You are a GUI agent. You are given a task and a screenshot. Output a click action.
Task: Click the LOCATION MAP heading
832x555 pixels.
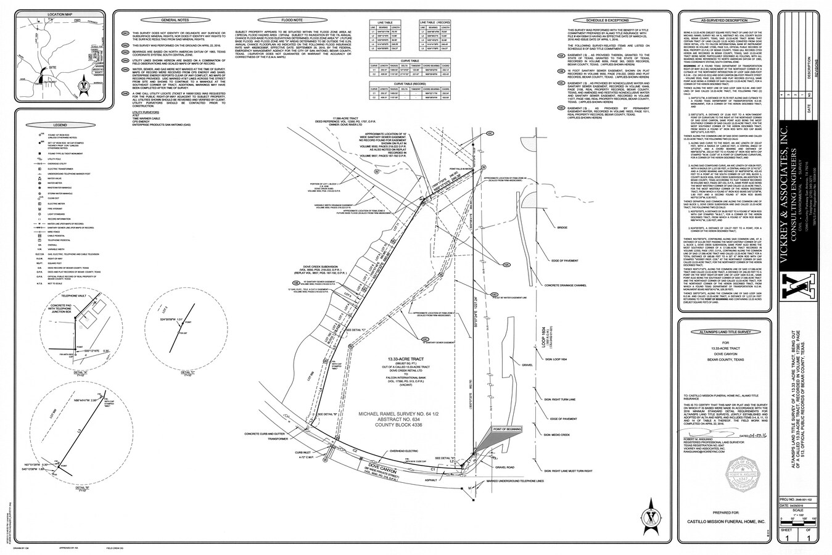52,14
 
